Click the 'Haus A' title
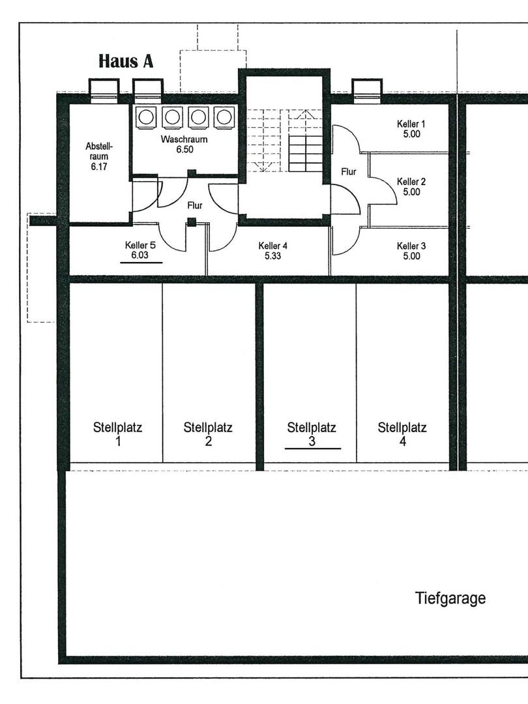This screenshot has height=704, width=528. click(x=126, y=61)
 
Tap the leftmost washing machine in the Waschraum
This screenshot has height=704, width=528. click(x=145, y=117)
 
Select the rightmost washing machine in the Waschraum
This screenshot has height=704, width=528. click(x=224, y=117)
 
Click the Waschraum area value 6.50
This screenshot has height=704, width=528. click(x=184, y=149)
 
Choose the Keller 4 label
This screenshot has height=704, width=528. click(x=272, y=246)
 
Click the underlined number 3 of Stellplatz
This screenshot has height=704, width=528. click(x=312, y=441)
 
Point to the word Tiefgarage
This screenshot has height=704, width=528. click(x=450, y=598)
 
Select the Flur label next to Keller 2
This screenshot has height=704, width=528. click(x=349, y=172)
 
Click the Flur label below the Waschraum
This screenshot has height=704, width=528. click(x=194, y=205)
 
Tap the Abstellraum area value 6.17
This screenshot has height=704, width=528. click(x=98, y=166)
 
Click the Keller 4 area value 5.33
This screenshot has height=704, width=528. click(x=272, y=256)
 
